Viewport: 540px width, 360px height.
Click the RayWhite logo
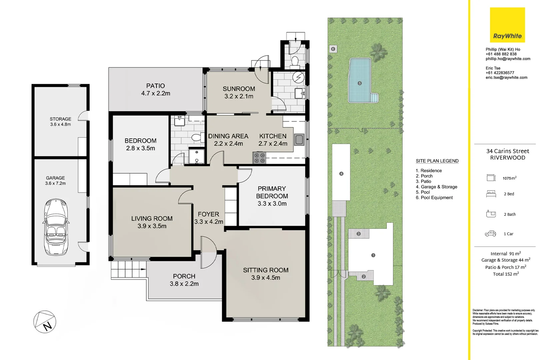tap(507, 25)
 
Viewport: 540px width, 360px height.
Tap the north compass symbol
tap(45, 322)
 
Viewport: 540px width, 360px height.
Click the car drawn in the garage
tap(56, 227)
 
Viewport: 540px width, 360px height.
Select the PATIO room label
tap(155, 86)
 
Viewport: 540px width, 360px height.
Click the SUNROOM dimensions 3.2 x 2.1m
tap(239, 96)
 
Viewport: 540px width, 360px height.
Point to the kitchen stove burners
tap(259, 158)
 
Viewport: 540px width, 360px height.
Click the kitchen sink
tap(299, 140)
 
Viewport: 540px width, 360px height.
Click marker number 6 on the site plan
tap(333, 49)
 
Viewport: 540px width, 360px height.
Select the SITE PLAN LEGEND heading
tap(437, 161)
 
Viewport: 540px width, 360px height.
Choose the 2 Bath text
tap(510, 214)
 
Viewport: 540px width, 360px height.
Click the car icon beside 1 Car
tap(490, 234)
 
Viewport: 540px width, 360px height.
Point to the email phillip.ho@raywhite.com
tap(508, 59)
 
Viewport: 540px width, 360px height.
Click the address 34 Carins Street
tap(507, 151)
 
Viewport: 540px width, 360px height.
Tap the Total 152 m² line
tap(506, 274)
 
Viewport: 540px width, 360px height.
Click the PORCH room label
tap(184, 276)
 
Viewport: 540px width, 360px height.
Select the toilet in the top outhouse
tap(295, 61)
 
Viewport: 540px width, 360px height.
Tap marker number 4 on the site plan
tap(341, 174)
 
